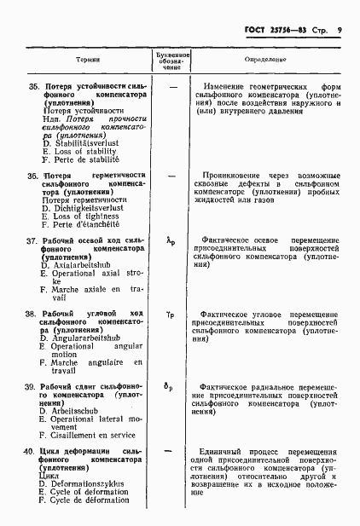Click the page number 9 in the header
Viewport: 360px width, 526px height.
click(x=340, y=30)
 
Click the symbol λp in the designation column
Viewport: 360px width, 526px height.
click(x=171, y=242)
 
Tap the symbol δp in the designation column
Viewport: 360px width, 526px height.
click(x=171, y=388)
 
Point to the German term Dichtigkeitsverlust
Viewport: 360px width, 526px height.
click(x=87, y=208)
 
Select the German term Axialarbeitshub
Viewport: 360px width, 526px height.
click(x=84, y=266)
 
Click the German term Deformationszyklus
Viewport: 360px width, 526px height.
click(x=87, y=483)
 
